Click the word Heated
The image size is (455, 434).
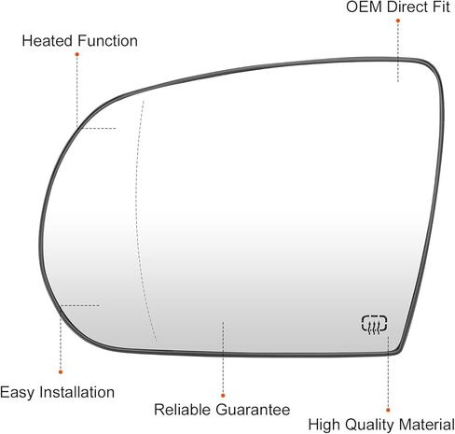coord(48,41)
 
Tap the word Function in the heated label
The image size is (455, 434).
coord(108,41)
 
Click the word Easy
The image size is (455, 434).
coord(17,393)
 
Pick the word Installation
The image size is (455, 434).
coord(76,392)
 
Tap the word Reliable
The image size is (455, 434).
coord(183,410)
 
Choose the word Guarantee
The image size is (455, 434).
coord(253,410)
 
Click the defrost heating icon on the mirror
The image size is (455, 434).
coord(375,325)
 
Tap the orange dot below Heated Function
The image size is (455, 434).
coord(76,54)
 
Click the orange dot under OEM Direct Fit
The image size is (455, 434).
coord(398,21)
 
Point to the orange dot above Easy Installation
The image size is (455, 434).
coord(61,371)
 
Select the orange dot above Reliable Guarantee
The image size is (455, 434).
coord(223,396)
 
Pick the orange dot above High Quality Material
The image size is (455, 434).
coord(388,410)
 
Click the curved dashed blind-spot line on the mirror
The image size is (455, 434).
coord(137,217)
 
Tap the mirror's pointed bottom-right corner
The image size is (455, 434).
coord(399,352)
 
